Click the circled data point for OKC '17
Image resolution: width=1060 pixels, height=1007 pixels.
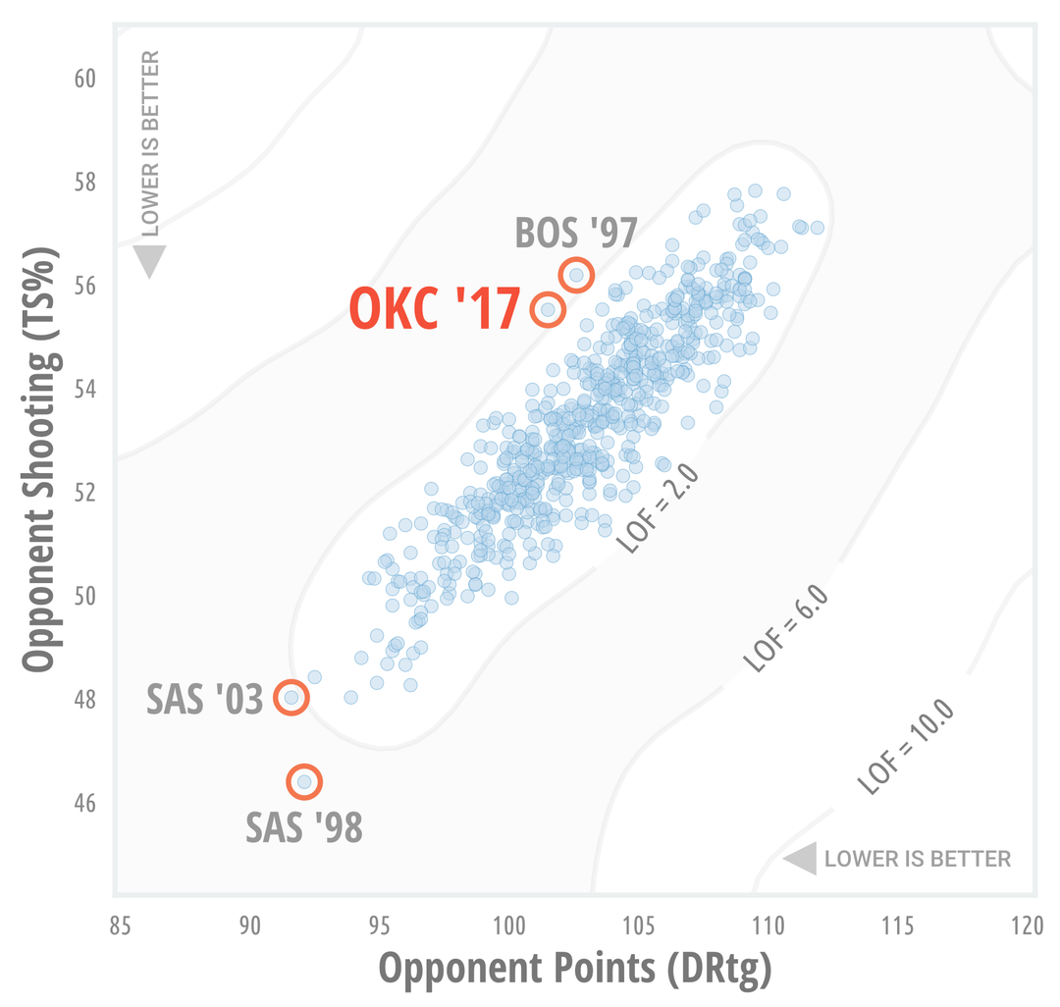click(x=548, y=309)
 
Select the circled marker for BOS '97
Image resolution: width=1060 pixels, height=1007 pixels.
click(x=576, y=274)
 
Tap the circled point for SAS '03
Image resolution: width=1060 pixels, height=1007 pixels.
click(x=291, y=698)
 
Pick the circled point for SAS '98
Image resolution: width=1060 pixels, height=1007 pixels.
click(x=304, y=781)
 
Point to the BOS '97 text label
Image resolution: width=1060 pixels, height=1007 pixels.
click(x=577, y=234)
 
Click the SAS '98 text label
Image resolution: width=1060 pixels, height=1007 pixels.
click(x=304, y=828)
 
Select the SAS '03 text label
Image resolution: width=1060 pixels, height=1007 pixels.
click(x=205, y=700)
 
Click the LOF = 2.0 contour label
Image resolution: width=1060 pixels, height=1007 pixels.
click(x=658, y=508)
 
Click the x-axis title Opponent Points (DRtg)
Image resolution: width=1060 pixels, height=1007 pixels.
click(x=575, y=969)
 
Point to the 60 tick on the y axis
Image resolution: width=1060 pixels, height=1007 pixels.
click(x=85, y=78)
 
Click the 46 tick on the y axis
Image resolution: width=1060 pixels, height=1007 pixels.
click(x=85, y=804)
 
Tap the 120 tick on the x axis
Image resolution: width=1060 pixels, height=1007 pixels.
click(x=1028, y=927)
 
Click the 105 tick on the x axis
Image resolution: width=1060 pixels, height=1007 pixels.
click(x=639, y=927)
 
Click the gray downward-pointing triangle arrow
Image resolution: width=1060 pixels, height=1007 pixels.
click(x=149, y=261)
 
